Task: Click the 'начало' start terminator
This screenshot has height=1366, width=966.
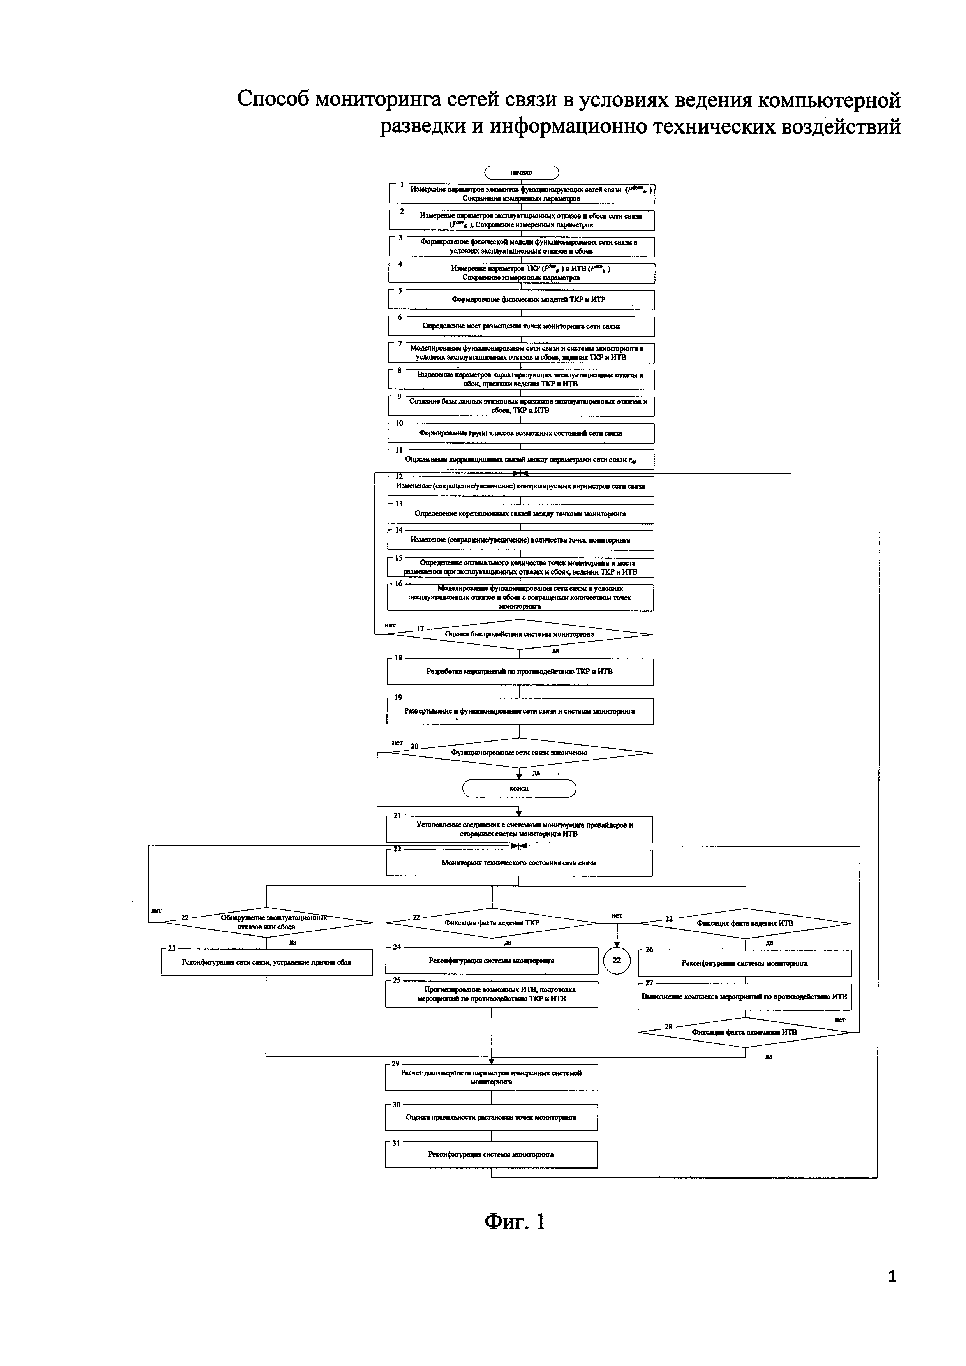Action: (522, 173)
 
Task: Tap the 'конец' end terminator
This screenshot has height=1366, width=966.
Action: (519, 788)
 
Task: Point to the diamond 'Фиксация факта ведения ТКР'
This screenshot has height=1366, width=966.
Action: (492, 924)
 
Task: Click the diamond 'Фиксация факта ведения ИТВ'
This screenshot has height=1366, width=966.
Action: (745, 924)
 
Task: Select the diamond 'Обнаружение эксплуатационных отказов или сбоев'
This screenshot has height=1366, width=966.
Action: (266, 923)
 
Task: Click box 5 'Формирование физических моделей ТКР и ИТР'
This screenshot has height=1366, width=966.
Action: (522, 300)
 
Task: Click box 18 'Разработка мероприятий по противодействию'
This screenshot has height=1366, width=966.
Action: (520, 672)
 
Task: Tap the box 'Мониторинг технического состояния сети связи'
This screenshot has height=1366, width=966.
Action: (519, 863)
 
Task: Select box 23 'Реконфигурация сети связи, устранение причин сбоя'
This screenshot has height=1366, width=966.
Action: (266, 962)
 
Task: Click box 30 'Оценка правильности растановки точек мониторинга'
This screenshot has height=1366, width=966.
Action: (491, 1118)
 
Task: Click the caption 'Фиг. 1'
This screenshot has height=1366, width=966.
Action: (515, 1221)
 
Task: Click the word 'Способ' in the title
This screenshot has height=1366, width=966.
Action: (273, 99)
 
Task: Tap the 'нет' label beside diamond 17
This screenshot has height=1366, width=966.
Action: (390, 625)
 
